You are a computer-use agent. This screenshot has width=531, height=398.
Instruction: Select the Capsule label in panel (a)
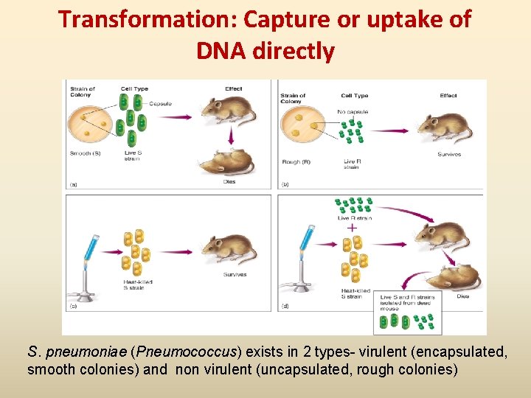(x=160, y=104)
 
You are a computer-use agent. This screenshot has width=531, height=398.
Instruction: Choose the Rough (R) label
(x=295, y=161)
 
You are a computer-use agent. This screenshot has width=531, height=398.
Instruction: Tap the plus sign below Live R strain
(x=352, y=228)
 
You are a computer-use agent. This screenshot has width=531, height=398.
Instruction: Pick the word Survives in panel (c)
(x=235, y=276)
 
